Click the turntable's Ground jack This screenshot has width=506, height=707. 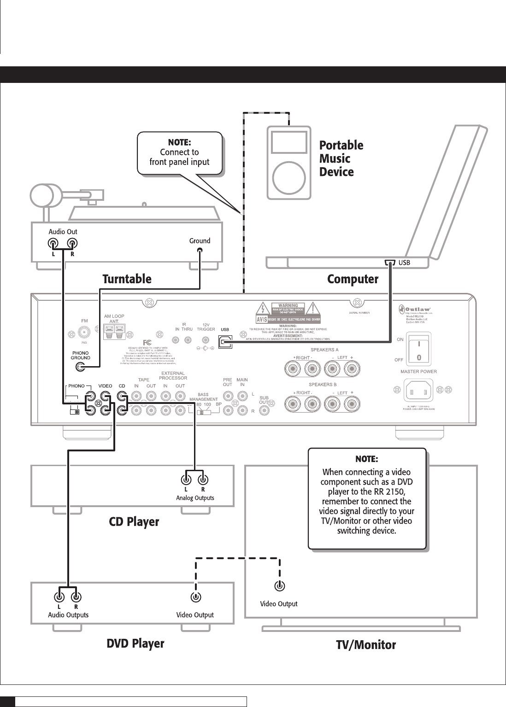point(200,251)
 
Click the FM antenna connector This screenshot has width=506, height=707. point(84,332)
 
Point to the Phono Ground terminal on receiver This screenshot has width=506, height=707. point(80,367)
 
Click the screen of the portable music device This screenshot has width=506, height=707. point(289,142)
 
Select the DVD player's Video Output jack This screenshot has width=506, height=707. point(196,597)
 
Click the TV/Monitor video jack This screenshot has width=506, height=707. point(280,586)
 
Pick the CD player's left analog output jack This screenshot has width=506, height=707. point(186,478)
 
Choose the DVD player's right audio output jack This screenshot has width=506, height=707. point(76,597)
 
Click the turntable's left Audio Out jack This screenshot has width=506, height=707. point(53,244)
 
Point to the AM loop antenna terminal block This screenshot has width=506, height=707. point(114,330)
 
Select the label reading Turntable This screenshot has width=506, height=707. point(127,279)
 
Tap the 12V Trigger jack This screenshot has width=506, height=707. point(205,340)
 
